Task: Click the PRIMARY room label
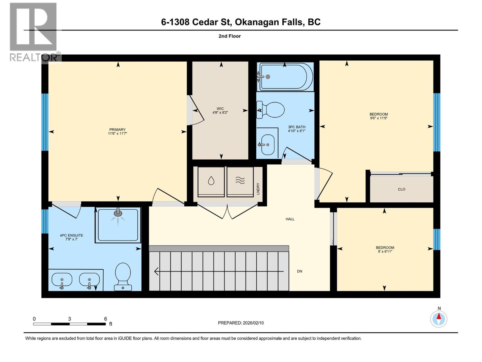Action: [x=117, y=130]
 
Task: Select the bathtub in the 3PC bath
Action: [x=285, y=77]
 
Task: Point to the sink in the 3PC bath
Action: [x=267, y=144]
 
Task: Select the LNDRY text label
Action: [x=258, y=189]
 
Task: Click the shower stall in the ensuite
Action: [x=118, y=225]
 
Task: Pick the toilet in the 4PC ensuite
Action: [x=123, y=276]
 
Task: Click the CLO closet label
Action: [x=402, y=189]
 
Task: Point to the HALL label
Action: [x=290, y=219]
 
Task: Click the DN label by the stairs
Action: [x=299, y=271]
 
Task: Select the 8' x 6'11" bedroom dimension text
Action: [x=385, y=252]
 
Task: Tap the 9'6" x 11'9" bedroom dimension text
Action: [x=379, y=118]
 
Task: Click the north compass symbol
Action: [x=439, y=318]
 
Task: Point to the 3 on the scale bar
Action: [x=70, y=319]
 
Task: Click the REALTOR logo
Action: [x=33, y=32]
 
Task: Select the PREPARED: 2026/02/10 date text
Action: [x=241, y=323]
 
